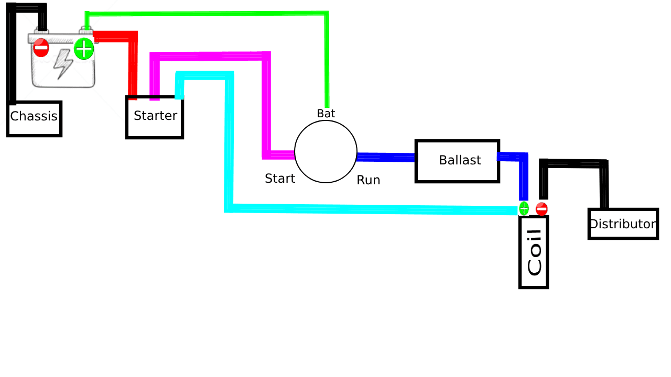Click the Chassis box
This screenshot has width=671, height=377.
(34, 118)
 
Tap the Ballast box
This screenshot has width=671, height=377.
(457, 161)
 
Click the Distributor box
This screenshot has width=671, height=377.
(623, 224)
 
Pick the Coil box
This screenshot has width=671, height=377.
(534, 252)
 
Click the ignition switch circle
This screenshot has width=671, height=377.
(326, 152)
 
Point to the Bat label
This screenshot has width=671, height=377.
(326, 114)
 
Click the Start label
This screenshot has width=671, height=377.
(280, 179)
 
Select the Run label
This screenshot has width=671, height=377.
(368, 181)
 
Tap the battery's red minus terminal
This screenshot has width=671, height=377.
(41, 48)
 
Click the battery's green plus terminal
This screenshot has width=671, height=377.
(84, 49)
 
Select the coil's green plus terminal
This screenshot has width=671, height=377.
(524, 208)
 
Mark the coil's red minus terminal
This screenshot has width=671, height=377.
(542, 209)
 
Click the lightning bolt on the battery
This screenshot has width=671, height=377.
(63, 64)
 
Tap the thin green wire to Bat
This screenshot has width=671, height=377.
(210, 13)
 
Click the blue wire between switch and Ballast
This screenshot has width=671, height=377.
(386, 157)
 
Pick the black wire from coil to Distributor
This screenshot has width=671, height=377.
(574, 163)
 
